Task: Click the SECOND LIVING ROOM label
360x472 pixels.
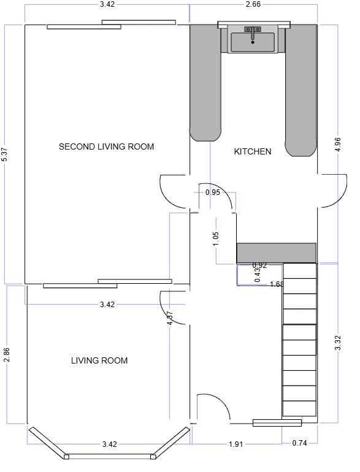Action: (x=106, y=147)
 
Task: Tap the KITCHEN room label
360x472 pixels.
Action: (x=252, y=151)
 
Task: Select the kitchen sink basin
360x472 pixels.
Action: (x=253, y=43)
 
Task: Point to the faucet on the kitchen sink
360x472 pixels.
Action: (x=253, y=31)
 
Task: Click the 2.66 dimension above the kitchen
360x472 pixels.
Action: (x=253, y=4)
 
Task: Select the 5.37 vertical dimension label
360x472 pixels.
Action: (x=5, y=154)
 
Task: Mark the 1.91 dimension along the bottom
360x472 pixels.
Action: (x=236, y=443)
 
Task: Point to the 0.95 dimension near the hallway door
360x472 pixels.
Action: (x=213, y=192)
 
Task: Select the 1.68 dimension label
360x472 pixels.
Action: (x=277, y=284)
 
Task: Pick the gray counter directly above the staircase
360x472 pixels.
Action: (x=276, y=252)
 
